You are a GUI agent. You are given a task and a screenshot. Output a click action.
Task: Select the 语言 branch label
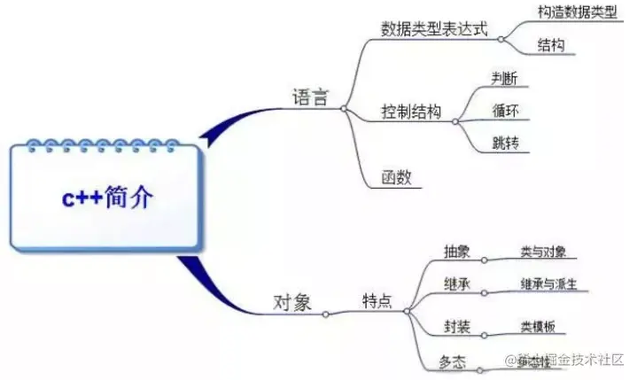pyautogui.click(x=310, y=97)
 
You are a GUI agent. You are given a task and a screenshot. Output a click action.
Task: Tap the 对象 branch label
pyautogui.click(x=291, y=303)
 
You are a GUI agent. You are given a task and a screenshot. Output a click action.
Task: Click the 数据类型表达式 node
pyautogui.click(x=434, y=28)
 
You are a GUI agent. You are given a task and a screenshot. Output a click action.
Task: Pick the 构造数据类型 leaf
pyautogui.click(x=577, y=12)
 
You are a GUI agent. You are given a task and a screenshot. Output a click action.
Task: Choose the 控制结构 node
pyautogui.click(x=410, y=113)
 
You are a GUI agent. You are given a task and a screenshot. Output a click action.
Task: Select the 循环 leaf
pyautogui.click(x=506, y=112)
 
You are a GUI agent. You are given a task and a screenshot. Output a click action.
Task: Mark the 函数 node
pyautogui.click(x=395, y=176)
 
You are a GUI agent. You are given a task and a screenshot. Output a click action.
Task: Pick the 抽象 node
pyautogui.click(x=456, y=251)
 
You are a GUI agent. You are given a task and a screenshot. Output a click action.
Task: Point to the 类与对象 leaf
pyautogui.click(x=543, y=251)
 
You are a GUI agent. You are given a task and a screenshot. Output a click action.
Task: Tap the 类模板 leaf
pyautogui.click(x=538, y=327)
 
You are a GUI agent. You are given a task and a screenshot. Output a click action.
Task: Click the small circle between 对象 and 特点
pyautogui.click(x=325, y=314)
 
